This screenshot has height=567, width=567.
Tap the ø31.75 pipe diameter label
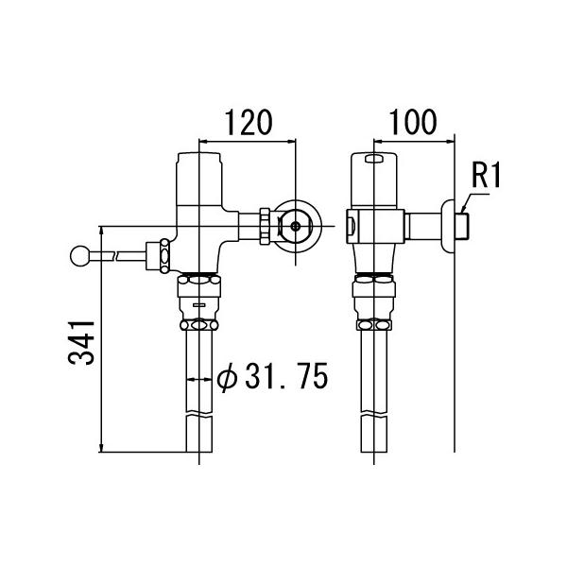[x=272, y=378]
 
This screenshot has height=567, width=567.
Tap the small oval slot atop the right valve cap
[x=373, y=160]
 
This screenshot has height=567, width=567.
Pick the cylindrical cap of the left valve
[x=199, y=180]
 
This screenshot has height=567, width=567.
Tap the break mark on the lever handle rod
[x=114, y=255]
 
